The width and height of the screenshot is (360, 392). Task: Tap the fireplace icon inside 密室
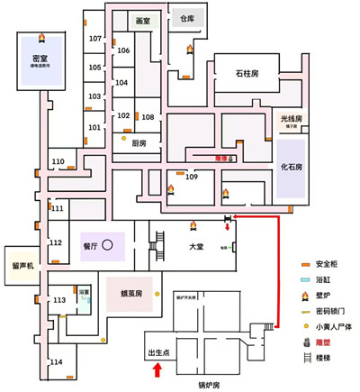click(40, 37)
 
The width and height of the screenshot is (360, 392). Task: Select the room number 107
click(94, 39)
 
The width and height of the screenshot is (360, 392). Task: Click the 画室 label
click(142, 20)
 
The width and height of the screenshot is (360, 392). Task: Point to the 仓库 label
click(186, 18)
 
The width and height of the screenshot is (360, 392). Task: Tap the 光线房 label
click(291, 119)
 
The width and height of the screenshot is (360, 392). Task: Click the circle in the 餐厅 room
click(107, 243)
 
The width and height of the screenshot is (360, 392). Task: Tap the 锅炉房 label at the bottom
click(210, 384)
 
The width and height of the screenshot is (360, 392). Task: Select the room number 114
click(57, 361)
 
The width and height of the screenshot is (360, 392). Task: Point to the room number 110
click(58, 162)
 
